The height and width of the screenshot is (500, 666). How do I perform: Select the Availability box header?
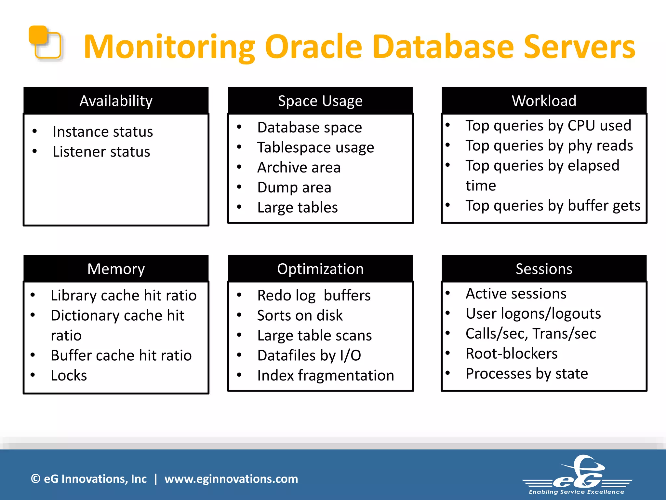pos(116,101)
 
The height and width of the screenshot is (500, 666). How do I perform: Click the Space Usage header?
pos(320,101)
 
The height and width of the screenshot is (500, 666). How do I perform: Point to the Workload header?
pos(544,101)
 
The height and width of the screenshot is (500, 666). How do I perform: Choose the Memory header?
pos(116,269)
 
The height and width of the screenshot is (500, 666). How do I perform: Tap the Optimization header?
pos(320,269)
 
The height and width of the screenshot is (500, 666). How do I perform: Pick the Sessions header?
pos(544,269)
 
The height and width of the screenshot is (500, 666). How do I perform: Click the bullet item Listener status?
pos(101,152)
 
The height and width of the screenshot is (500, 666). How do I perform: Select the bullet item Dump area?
pos(294,187)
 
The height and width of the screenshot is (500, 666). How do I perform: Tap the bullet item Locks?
pos(69,375)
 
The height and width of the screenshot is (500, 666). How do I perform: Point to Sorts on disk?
pos(300,315)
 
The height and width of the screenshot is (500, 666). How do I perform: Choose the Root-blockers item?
pos(511,354)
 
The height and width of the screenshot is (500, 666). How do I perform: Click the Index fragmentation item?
pos(325,375)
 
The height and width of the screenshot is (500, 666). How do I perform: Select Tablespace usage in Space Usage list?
pos(315,147)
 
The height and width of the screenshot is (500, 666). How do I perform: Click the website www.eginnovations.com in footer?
pos(231,479)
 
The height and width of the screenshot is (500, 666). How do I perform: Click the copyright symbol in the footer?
pos(35,479)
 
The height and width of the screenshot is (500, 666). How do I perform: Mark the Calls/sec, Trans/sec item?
pos(531,334)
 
